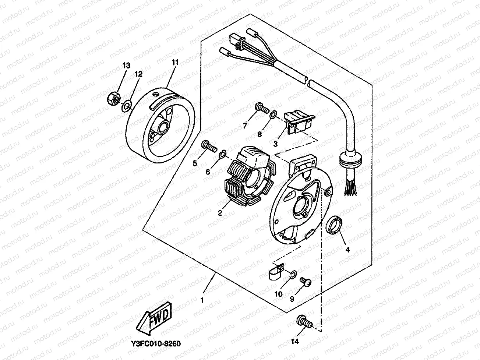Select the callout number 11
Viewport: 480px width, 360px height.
coord(174,63)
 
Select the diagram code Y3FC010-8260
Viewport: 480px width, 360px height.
coord(156,343)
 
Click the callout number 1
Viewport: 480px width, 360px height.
coord(202,300)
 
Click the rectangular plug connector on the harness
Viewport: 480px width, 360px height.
coord(236,40)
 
